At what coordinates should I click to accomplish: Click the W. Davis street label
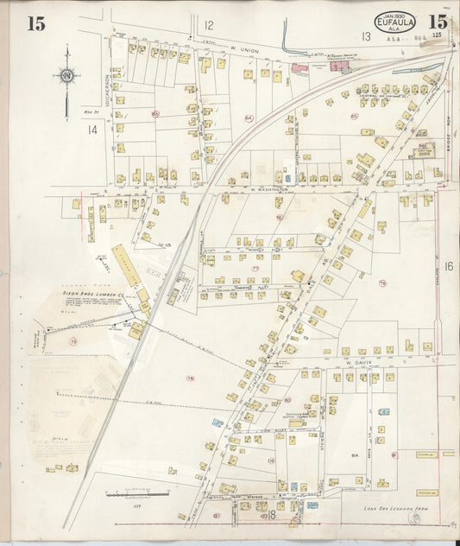[357, 363]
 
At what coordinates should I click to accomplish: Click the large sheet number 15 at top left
[35, 23]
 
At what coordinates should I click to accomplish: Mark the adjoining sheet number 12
[208, 26]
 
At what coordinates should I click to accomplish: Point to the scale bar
[135, 494]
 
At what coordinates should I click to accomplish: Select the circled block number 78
[189, 378]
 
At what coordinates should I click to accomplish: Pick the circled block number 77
[255, 269]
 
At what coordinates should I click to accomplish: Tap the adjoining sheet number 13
[366, 35]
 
